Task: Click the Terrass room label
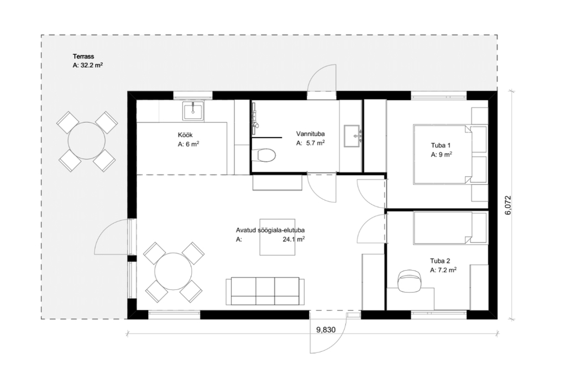[83, 56]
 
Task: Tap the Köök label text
[185, 135]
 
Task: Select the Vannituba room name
[311, 134]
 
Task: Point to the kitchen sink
[193, 110]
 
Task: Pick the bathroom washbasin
[352, 136]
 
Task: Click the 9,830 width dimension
[326, 330]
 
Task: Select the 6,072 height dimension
[509, 205]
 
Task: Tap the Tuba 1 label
[441, 146]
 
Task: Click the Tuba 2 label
[440, 261]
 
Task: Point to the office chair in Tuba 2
[410, 281]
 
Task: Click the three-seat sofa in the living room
[265, 291]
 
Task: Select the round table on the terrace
[87, 141]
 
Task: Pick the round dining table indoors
[173, 272]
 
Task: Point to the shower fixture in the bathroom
[255, 115]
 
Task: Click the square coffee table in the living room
[277, 237]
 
